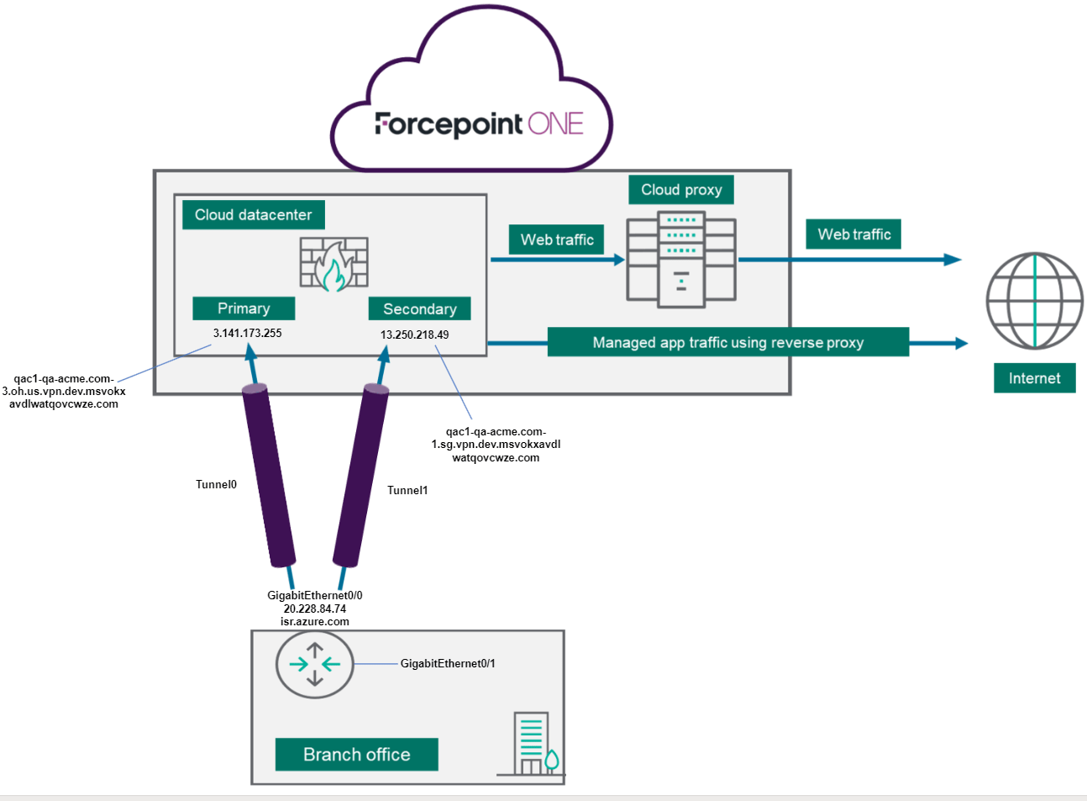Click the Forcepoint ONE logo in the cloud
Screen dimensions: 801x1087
click(x=479, y=124)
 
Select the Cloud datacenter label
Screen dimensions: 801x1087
click(x=253, y=214)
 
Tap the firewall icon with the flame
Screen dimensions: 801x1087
click(x=334, y=264)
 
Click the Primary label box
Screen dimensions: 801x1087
click(x=244, y=308)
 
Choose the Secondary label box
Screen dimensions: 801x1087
click(x=419, y=308)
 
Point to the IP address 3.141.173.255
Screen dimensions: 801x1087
click(x=247, y=333)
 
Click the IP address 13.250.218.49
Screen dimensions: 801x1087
click(x=414, y=335)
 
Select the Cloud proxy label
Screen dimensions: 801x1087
click(x=681, y=189)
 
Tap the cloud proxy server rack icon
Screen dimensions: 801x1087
click(x=681, y=259)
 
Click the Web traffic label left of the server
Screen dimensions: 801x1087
click(x=556, y=240)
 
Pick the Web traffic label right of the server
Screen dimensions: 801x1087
click(x=853, y=235)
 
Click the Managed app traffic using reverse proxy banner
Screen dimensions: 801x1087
click(x=727, y=342)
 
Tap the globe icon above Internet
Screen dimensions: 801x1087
click(x=1034, y=301)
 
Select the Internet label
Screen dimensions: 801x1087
click(x=1034, y=378)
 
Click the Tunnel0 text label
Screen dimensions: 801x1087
click(x=216, y=484)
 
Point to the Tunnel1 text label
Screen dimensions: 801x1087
click(x=407, y=490)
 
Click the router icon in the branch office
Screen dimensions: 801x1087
click(x=314, y=664)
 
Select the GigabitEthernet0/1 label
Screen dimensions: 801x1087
click(x=448, y=663)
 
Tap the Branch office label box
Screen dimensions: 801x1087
click(x=356, y=754)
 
